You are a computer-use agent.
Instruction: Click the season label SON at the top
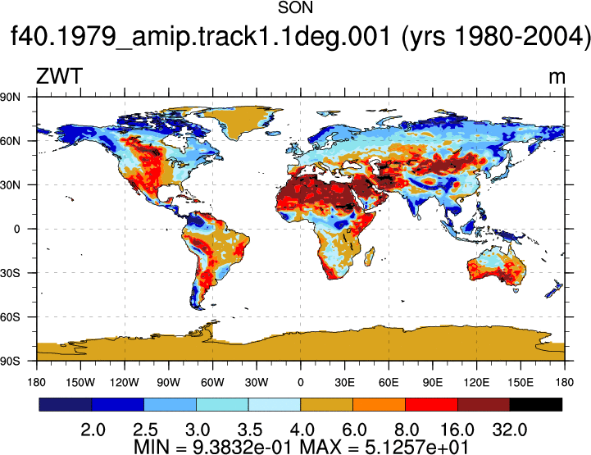pyautogui.click(x=295, y=8)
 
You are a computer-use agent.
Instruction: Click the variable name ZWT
pyautogui.click(x=59, y=76)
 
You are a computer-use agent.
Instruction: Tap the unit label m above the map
pyautogui.click(x=557, y=78)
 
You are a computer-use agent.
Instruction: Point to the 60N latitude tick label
pyautogui.click(x=10, y=141)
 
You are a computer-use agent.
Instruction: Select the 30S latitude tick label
pyautogui.click(x=10, y=273)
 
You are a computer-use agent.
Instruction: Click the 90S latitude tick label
pyautogui.click(x=10, y=362)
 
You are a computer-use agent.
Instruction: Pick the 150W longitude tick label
pyautogui.click(x=80, y=382)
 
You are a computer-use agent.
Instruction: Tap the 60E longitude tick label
pyautogui.click(x=389, y=382)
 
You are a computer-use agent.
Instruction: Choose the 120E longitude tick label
pyautogui.click(x=476, y=382)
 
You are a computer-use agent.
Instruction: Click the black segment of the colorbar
pyautogui.click(x=535, y=404)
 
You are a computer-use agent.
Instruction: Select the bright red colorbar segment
pyautogui.click(x=431, y=404)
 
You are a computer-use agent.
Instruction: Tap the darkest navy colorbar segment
pyautogui.click(x=66, y=404)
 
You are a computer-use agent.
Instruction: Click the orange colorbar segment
pyautogui.click(x=379, y=404)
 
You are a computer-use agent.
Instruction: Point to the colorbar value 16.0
pyautogui.click(x=457, y=430)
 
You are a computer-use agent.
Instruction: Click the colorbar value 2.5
pyautogui.click(x=145, y=430)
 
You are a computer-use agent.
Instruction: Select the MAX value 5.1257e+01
pyautogui.click(x=416, y=447)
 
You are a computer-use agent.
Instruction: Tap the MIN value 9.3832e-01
pyautogui.click(x=242, y=447)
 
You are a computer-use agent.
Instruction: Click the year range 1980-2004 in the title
pyautogui.click(x=521, y=37)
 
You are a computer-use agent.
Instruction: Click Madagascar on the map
pyautogui.click(x=370, y=256)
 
